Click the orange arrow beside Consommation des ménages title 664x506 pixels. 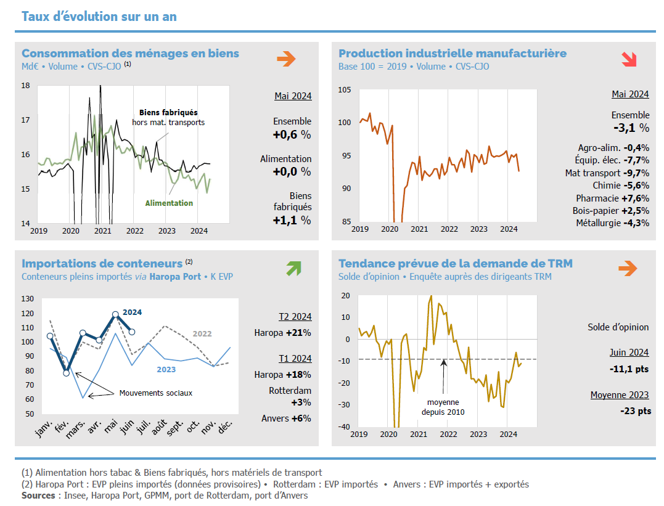click(286, 59)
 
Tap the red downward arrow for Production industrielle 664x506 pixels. click(629, 59)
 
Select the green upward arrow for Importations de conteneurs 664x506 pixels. click(293, 268)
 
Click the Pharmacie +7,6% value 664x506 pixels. click(612, 198)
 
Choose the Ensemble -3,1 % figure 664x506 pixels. click(631, 128)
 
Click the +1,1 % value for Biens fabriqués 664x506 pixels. click(292, 220)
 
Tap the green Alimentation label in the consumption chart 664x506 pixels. click(169, 203)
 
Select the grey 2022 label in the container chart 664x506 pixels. click(202, 334)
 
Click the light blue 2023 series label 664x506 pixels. click(166, 370)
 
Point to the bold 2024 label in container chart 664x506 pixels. click(132, 312)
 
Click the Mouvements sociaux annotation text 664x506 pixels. click(156, 393)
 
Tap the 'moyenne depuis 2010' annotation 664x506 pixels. click(443, 407)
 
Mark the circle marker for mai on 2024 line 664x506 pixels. click(115, 314)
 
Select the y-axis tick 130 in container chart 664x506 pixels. click(27, 299)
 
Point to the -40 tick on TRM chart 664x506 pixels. click(344, 426)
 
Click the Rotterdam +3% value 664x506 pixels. click(290, 396)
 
